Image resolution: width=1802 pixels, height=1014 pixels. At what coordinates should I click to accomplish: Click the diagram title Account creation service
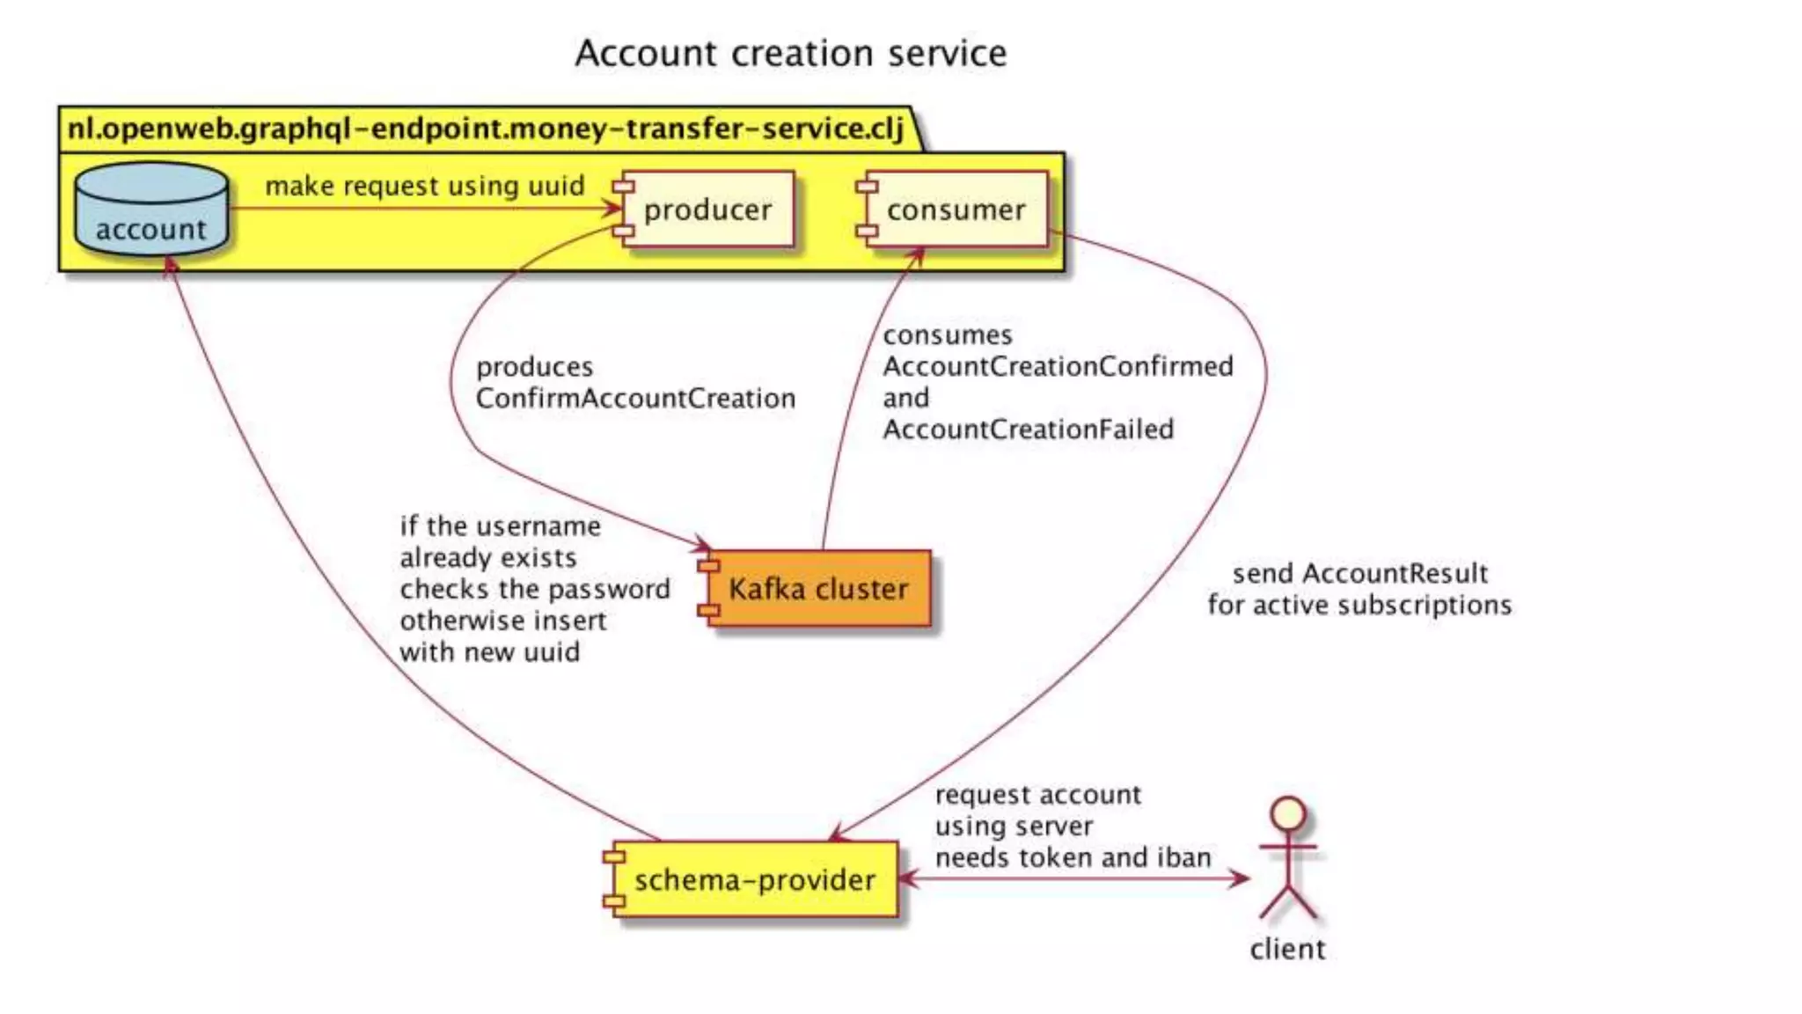tap(790, 54)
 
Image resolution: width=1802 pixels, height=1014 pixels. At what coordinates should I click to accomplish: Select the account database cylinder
tap(151, 210)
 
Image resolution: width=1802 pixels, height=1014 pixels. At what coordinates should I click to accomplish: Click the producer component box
tap(708, 209)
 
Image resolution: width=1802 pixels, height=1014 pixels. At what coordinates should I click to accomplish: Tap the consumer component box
tap(956, 209)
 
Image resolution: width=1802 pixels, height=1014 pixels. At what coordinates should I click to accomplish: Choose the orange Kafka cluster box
tap(817, 588)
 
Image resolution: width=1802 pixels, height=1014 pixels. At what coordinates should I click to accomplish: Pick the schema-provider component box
tap(754, 879)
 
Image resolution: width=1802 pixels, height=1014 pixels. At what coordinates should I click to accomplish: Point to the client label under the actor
tap(1287, 949)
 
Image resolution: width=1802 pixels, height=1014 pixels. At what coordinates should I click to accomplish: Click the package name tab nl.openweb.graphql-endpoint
tap(486, 129)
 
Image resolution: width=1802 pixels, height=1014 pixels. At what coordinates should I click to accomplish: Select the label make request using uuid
tap(425, 186)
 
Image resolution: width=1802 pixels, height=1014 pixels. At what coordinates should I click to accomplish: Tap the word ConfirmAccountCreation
tap(635, 398)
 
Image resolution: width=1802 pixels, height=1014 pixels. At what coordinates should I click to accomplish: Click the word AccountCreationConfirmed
tap(1058, 366)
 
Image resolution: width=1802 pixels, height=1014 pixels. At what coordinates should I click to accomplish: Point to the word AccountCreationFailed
tap(1028, 430)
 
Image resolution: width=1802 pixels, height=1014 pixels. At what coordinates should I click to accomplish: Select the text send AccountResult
tap(1359, 573)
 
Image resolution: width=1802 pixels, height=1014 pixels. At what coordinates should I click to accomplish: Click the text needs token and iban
tap(1073, 857)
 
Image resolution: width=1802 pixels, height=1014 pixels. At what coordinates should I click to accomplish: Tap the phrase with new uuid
tap(489, 652)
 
